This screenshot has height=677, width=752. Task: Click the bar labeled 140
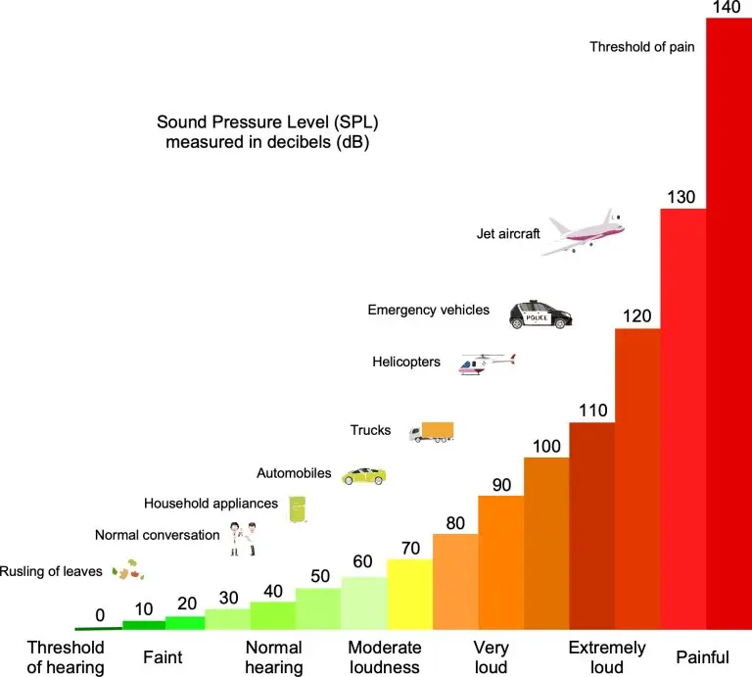pos(728,323)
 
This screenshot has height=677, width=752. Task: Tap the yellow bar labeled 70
pos(409,594)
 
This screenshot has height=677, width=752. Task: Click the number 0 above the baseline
pos(100,616)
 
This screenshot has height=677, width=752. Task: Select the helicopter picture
pos(486,364)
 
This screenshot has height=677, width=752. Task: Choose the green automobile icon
pos(363,475)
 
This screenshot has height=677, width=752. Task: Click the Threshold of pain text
pos(642,46)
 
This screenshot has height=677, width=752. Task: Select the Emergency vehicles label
pos(428,311)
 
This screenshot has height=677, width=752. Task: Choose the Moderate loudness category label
pos(385,657)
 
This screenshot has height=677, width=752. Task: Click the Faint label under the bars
pos(163,656)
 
